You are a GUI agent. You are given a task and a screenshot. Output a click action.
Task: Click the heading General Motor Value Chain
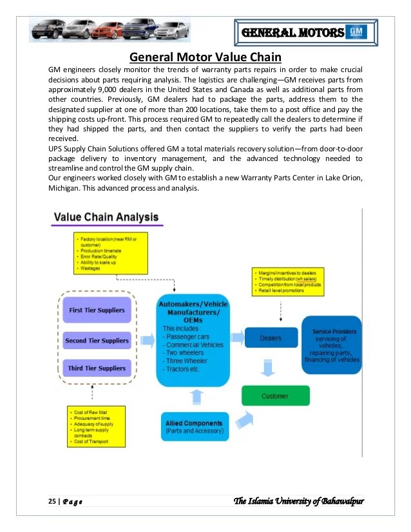click(x=205, y=56)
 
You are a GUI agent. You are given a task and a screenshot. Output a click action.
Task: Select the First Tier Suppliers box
click(x=97, y=310)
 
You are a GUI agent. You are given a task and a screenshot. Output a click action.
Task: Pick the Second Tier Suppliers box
click(x=97, y=340)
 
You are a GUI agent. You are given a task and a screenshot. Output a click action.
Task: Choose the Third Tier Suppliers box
click(x=97, y=368)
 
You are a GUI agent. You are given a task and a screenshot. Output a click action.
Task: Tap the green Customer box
click(x=275, y=395)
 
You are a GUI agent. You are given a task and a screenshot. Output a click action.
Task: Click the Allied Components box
click(x=194, y=426)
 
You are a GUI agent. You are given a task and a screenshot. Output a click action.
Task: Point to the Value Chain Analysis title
click(x=106, y=218)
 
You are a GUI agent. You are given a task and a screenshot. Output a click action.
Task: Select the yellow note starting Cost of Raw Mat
click(x=97, y=426)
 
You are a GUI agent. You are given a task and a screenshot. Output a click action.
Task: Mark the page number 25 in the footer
click(x=52, y=502)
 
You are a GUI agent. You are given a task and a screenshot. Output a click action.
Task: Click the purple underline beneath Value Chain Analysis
click(x=107, y=225)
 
